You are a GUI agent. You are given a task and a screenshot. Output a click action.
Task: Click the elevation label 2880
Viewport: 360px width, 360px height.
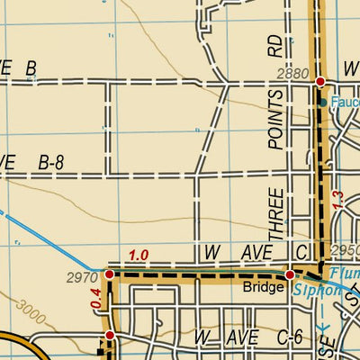[292, 72]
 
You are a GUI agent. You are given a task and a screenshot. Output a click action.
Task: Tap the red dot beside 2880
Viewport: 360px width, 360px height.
[320, 82]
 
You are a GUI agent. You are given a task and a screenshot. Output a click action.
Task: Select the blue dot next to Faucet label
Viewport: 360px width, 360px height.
[323, 103]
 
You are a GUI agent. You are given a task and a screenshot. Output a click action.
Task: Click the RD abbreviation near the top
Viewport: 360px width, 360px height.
[274, 48]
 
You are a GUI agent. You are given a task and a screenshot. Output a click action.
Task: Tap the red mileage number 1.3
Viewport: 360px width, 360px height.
[337, 201]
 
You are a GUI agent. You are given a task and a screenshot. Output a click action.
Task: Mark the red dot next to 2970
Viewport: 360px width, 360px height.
[109, 274]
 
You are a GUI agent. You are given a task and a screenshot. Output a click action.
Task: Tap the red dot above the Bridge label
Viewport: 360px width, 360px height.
[290, 274]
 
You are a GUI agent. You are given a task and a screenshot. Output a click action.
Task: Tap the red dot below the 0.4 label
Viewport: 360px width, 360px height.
[109, 336]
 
